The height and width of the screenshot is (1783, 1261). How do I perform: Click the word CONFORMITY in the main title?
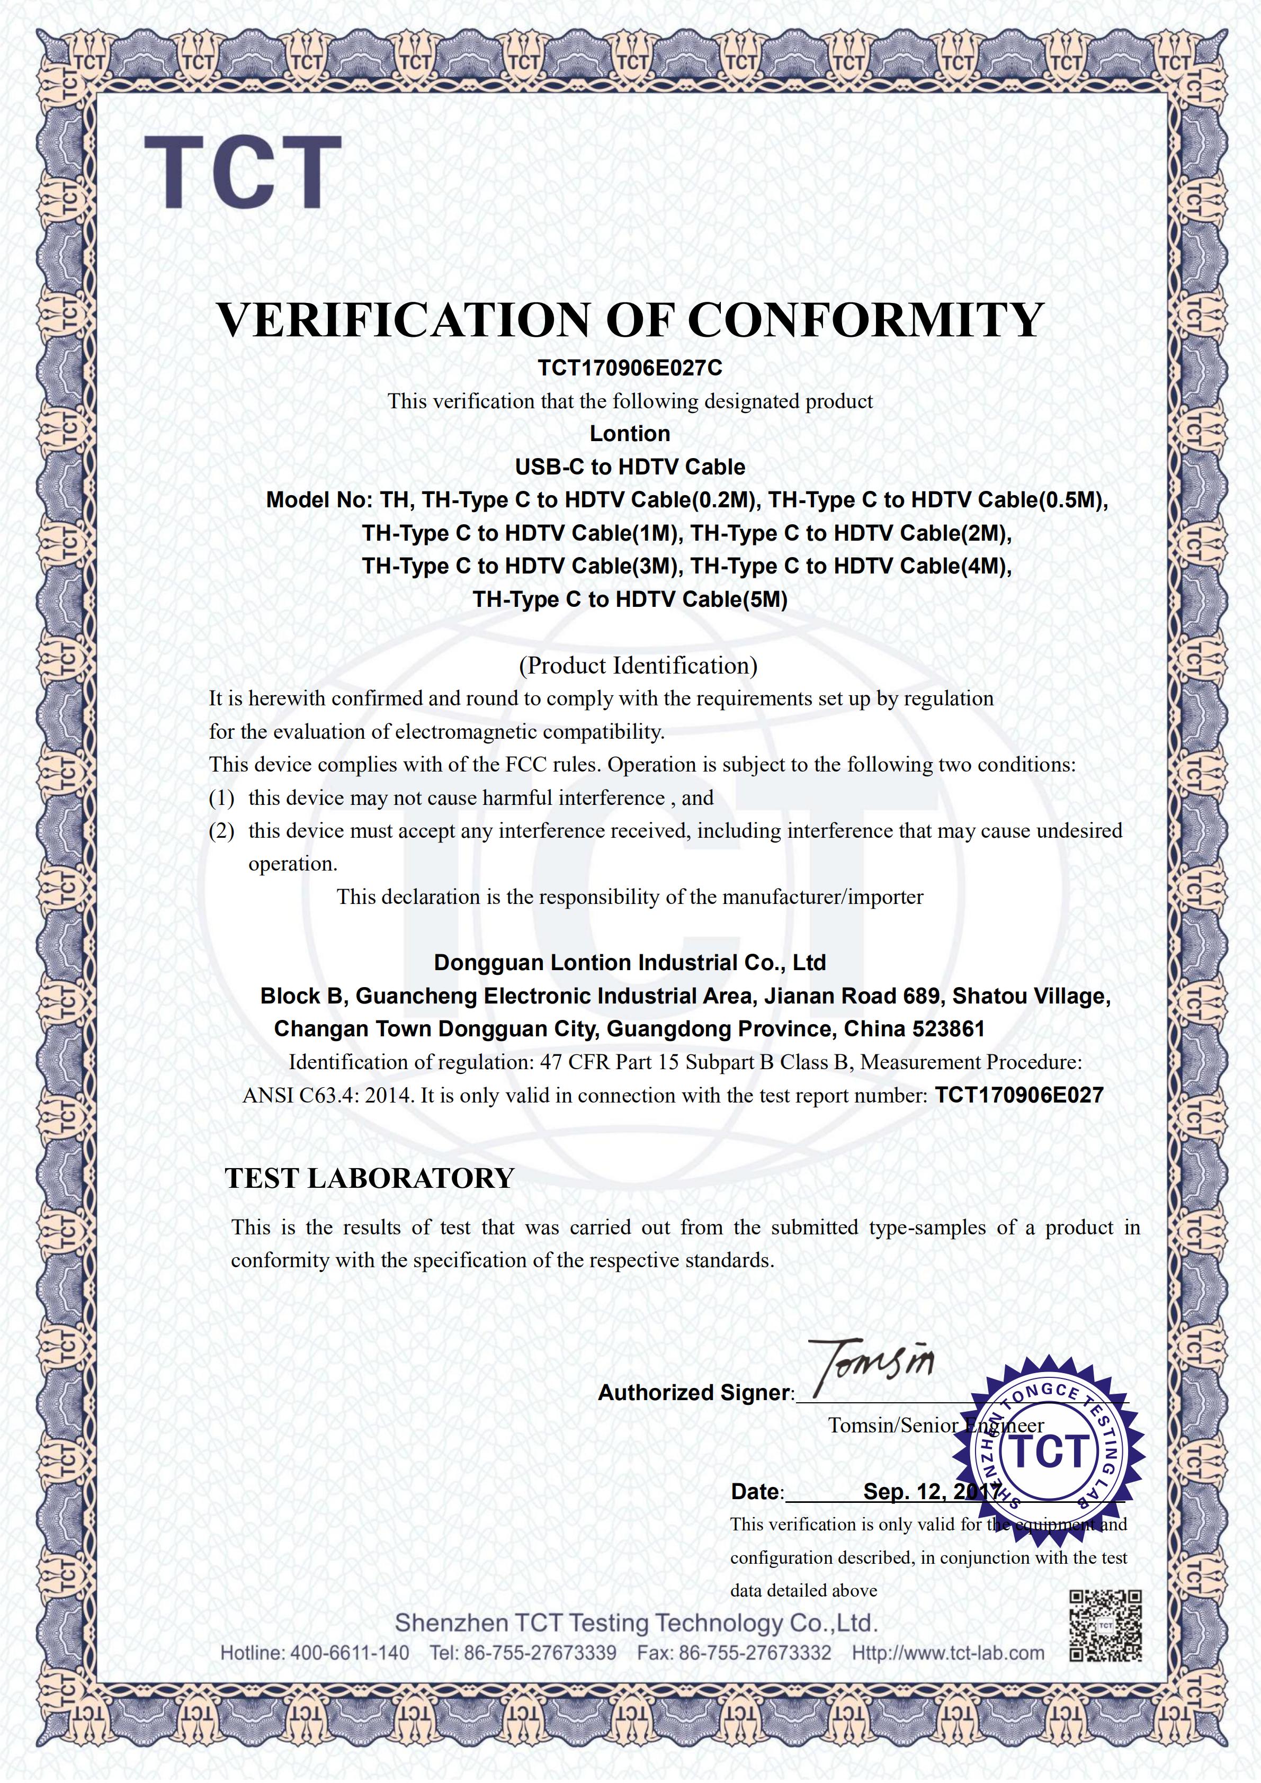(x=866, y=319)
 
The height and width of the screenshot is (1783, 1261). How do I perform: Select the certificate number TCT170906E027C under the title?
(x=630, y=368)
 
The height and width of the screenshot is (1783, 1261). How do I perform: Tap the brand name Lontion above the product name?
(x=630, y=433)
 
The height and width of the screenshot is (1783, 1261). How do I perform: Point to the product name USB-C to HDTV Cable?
(x=630, y=467)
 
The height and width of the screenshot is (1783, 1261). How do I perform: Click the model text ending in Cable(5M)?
(x=630, y=599)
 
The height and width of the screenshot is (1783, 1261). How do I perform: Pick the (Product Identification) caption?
(x=638, y=666)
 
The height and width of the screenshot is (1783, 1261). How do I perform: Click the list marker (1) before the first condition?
(x=222, y=799)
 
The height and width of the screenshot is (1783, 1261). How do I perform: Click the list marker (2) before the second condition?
(x=222, y=831)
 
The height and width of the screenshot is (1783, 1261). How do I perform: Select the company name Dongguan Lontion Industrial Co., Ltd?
(x=630, y=963)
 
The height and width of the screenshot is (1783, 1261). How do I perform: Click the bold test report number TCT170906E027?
(x=1019, y=1096)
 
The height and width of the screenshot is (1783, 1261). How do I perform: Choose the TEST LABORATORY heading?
(x=370, y=1178)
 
